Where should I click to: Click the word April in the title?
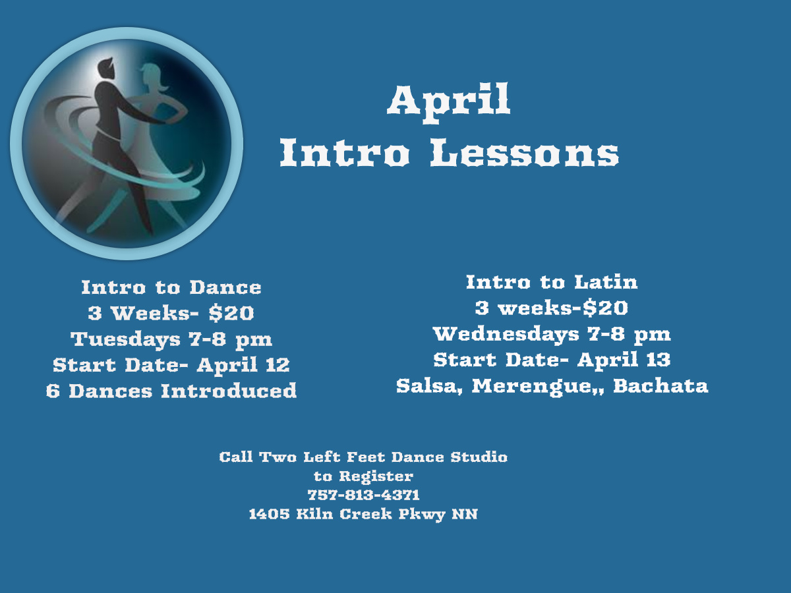(449, 103)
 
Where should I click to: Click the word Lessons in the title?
(525, 152)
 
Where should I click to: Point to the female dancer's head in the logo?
(153, 77)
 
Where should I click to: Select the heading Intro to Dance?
(171, 287)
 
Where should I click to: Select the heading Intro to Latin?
(552, 282)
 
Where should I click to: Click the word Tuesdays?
(125, 339)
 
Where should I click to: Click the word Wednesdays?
(506, 335)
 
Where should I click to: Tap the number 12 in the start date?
(278, 365)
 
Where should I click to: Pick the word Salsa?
(429, 386)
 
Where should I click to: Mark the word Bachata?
(660, 385)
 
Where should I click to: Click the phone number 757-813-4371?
(364, 495)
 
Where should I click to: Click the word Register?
(376, 476)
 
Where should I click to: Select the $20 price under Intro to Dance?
(231, 313)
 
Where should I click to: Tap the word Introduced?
(229, 391)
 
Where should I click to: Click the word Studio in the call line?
(479, 457)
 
